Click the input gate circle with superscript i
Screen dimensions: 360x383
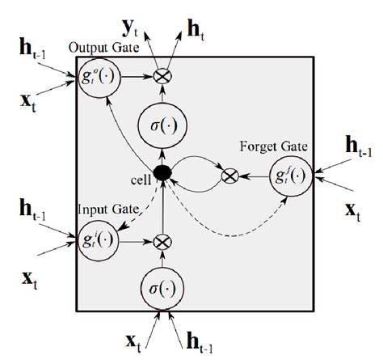99,240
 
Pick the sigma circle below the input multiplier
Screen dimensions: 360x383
164,286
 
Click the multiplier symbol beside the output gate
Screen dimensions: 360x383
164,74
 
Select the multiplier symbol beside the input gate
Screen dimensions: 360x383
164,240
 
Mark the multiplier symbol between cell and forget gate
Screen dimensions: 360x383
230,174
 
